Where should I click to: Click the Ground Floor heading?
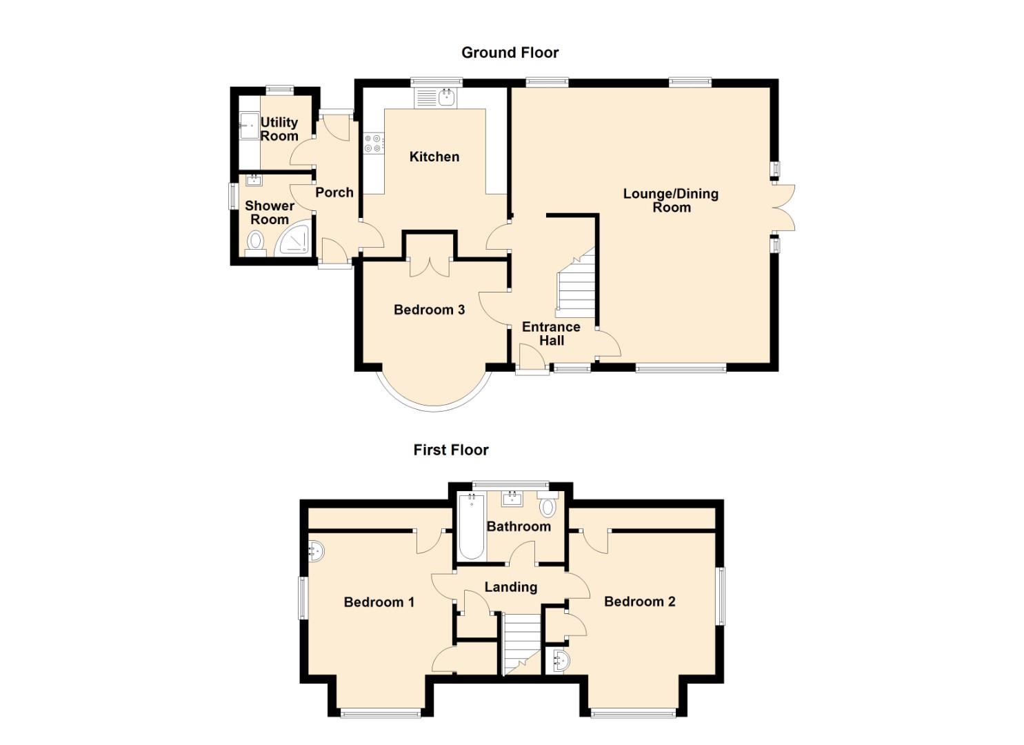(x=510, y=52)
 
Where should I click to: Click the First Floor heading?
(x=451, y=450)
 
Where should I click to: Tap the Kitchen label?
(x=434, y=157)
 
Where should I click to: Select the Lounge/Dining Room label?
(x=671, y=200)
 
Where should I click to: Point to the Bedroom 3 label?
(x=429, y=310)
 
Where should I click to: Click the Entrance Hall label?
(x=551, y=333)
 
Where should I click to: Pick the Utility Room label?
(x=279, y=129)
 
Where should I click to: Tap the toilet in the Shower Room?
(x=256, y=242)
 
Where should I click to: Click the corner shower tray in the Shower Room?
(x=294, y=239)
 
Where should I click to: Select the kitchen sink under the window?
(x=437, y=97)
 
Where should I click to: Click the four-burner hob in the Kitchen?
(x=374, y=143)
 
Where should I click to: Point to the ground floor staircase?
(x=576, y=284)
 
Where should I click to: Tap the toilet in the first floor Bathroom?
(x=548, y=506)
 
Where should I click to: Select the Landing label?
(x=510, y=587)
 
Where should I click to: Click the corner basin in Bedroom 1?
(x=316, y=550)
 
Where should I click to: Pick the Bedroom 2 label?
(x=639, y=602)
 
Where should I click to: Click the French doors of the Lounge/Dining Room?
(x=783, y=207)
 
